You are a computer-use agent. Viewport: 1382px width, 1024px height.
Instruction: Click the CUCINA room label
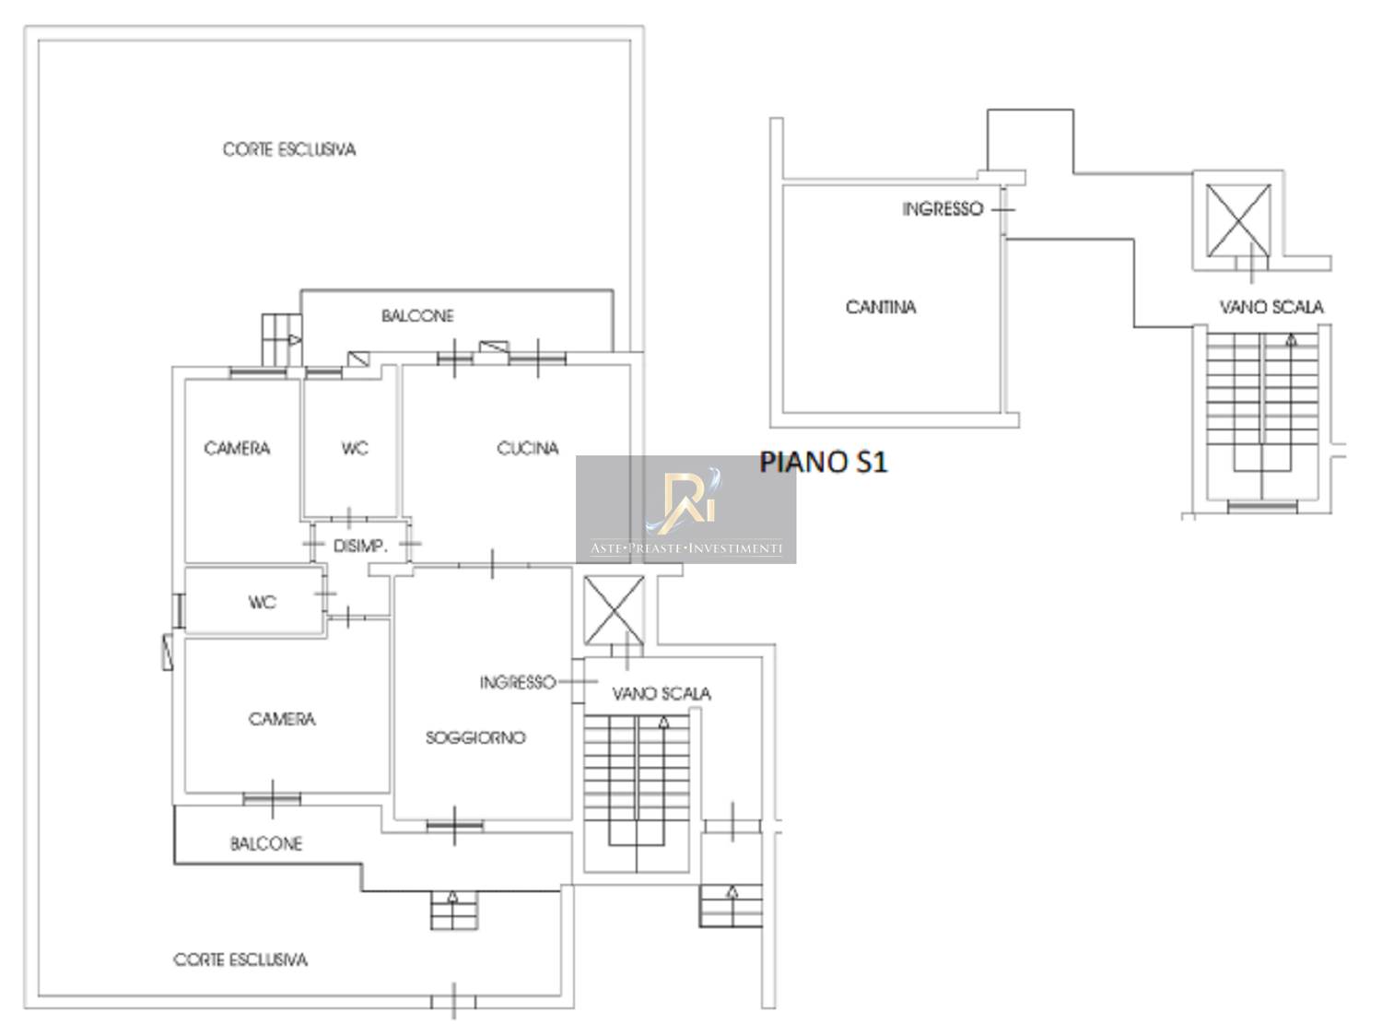tap(527, 449)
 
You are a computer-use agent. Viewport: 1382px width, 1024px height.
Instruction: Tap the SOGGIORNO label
tap(475, 737)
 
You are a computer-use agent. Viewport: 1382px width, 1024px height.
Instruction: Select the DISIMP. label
tap(360, 546)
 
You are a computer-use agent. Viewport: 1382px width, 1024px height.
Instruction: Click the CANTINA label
tap(881, 307)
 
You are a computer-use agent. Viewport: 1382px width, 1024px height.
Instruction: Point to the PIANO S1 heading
tap(823, 462)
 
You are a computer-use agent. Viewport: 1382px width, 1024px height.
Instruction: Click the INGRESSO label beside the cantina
tap(942, 209)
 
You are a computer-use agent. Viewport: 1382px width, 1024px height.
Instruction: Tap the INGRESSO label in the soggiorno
tap(517, 682)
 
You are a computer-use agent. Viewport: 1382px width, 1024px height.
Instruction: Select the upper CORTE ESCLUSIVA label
tap(288, 149)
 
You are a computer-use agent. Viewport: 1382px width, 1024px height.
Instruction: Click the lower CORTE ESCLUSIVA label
tap(240, 959)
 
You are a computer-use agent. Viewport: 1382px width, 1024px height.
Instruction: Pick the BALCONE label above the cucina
tap(417, 316)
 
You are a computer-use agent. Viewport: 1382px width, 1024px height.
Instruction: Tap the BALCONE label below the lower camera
tap(266, 843)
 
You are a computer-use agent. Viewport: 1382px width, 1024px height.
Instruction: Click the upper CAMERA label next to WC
tap(237, 449)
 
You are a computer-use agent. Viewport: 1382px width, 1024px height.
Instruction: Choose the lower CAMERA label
tap(282, 719)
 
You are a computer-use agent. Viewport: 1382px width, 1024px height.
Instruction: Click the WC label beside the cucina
tap(355, 449)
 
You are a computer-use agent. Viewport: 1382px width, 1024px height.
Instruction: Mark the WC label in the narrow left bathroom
tap(262, 603)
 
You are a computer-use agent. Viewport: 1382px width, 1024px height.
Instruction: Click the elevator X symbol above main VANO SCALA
tap(615, 610)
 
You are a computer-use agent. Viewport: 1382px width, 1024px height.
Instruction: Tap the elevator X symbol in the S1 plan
tap(1238, 220)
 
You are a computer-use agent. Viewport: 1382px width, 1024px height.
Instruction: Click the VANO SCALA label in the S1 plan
tap(1271, 307)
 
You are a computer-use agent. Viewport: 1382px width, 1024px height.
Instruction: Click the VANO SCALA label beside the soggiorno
tap(661, 693)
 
